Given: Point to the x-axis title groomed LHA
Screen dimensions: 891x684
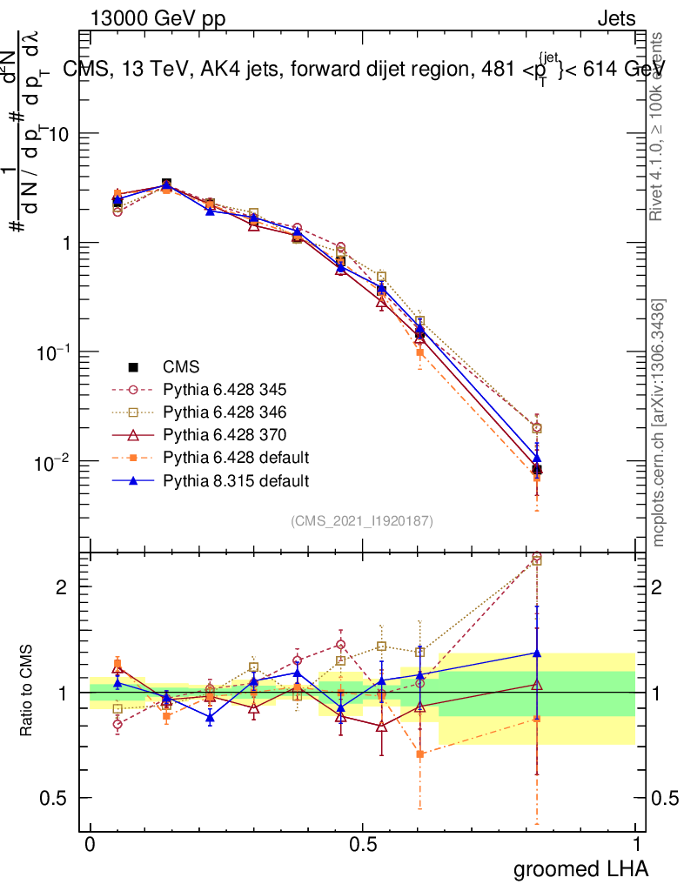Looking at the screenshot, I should (x=580, y=868).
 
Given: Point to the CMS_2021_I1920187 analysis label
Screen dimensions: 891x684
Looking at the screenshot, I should (x=362, y=521).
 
